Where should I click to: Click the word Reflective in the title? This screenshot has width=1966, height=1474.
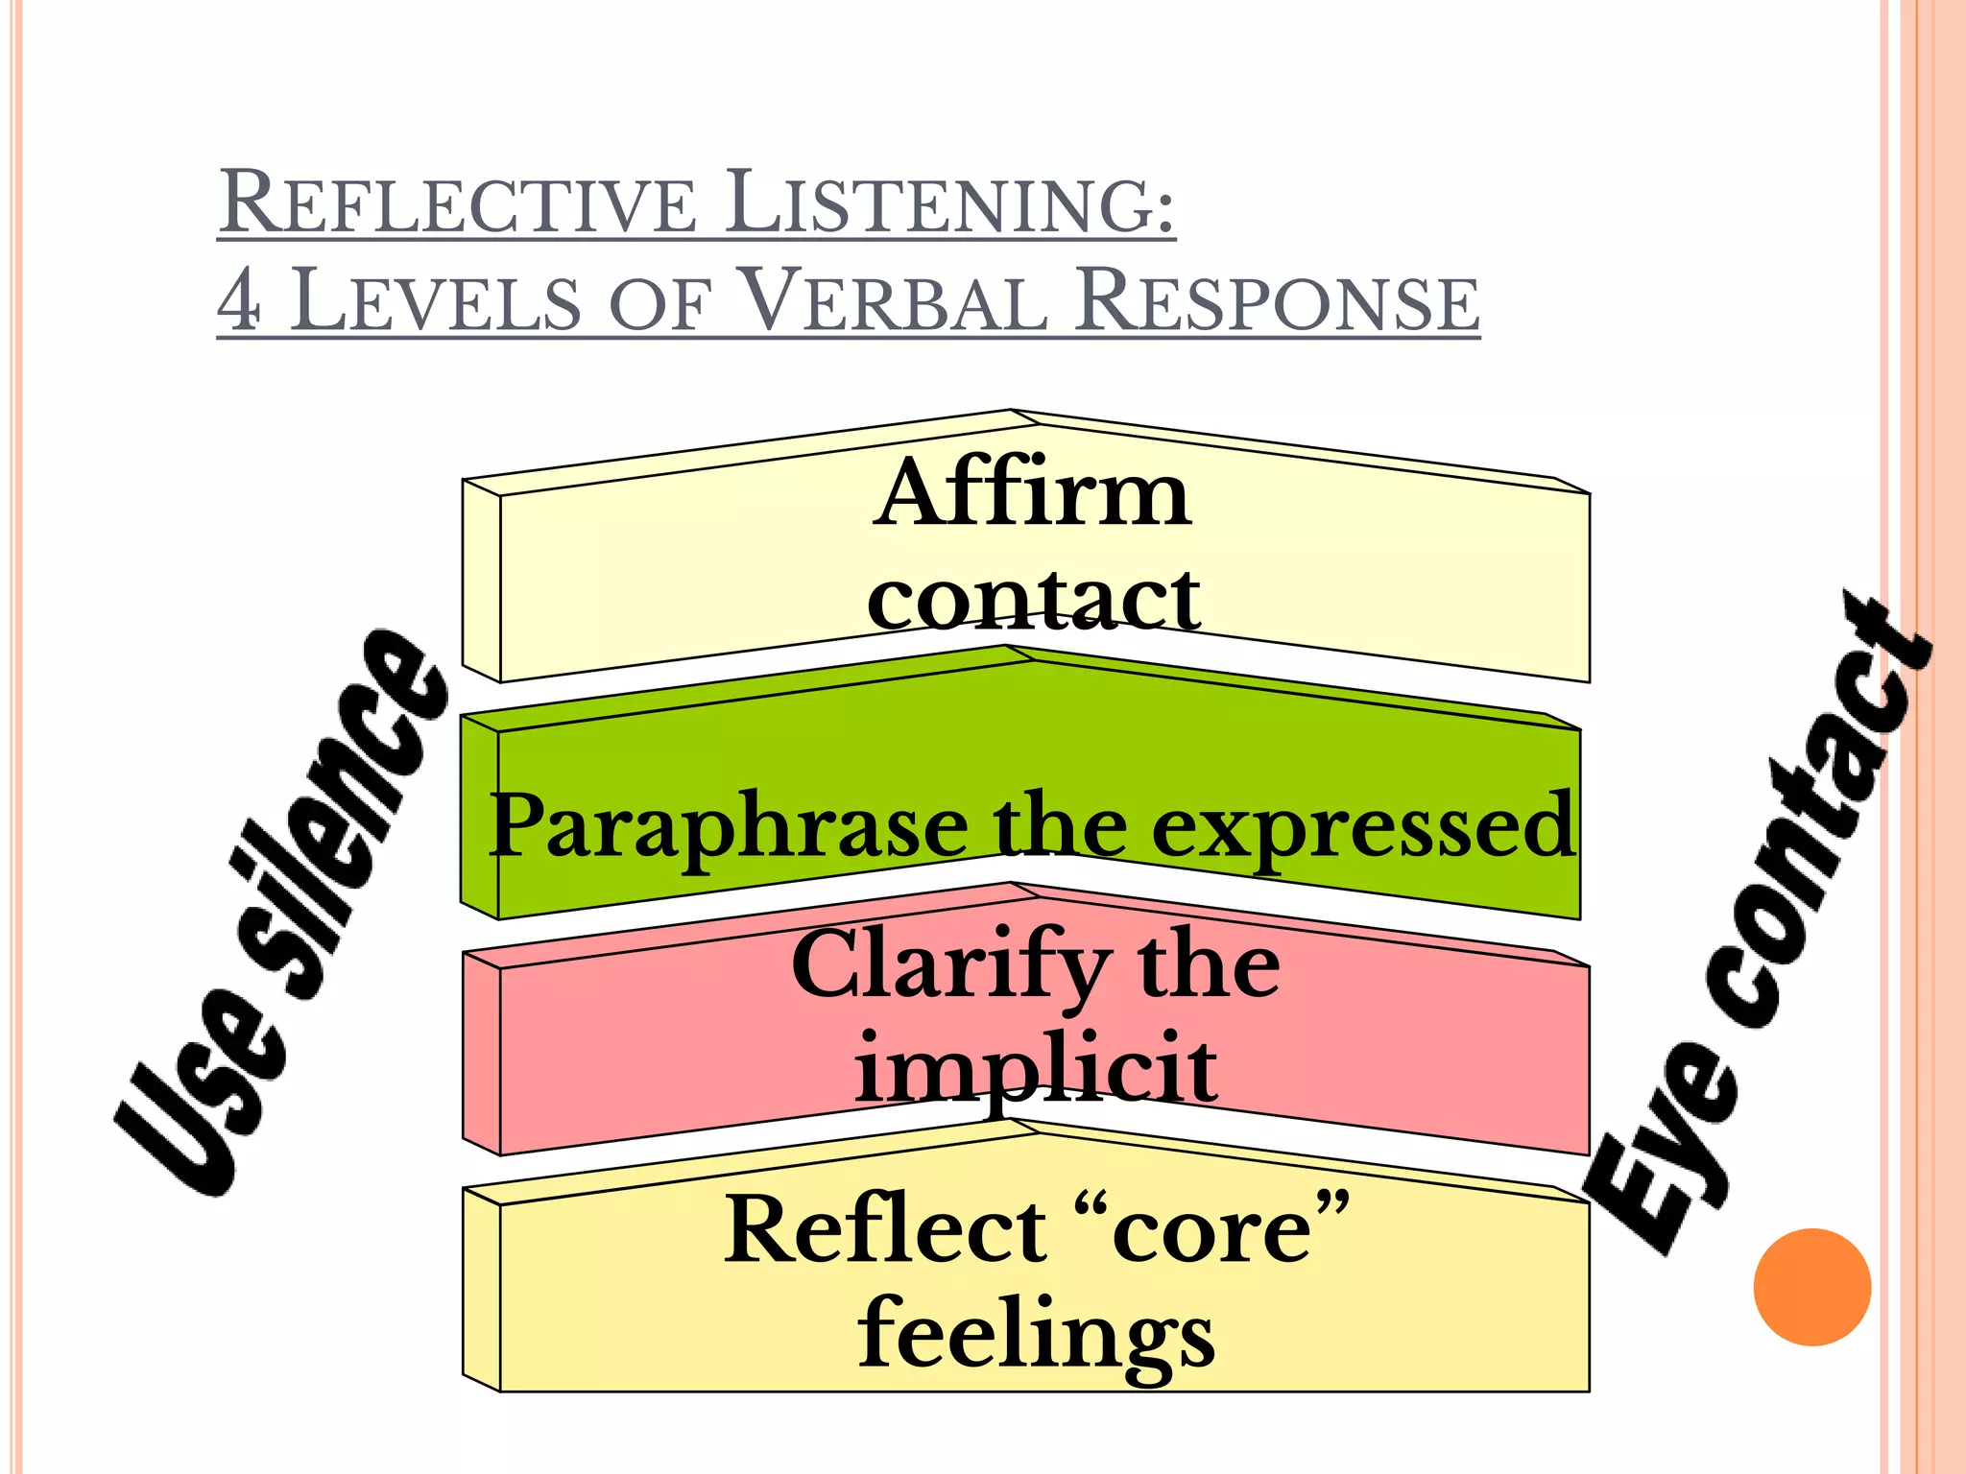tap(457, 202)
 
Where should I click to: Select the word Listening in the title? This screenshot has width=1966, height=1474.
tap(949, 202)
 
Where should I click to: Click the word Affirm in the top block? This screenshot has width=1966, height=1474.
tap(1033, 494)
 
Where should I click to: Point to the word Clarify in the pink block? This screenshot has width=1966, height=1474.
tap(950, 964)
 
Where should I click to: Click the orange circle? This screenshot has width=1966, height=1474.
tap(1811, 1287)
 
